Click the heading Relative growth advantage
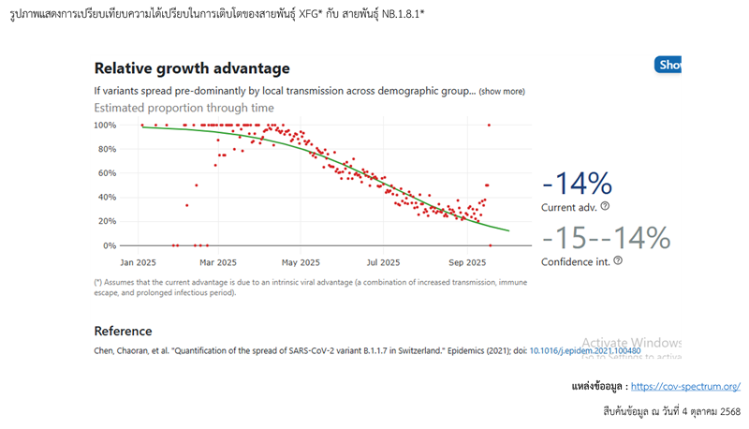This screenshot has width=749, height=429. click(192, 68)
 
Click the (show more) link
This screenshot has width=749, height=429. click(502, 92)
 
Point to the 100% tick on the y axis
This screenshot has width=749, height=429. click(105, 125)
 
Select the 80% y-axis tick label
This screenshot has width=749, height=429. click(108, 149)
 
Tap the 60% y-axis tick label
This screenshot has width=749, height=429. click(108, 173)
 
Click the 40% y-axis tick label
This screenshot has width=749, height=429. click(108, 198)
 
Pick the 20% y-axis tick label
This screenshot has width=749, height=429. click(108, 222)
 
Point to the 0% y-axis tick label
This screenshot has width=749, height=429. click(110, 245)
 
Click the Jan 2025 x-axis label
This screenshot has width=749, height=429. click(140, 262)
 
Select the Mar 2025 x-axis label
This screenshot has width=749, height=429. click(217, 262)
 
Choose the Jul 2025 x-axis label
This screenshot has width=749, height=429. click(384, 262)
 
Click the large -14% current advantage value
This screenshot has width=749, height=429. click(578, 184)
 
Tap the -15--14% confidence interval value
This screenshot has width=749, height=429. click(606, 238)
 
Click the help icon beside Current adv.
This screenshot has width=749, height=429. click(605, 206)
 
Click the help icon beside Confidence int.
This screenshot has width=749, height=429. click(618, 260)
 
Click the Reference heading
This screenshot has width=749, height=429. click(123, 331)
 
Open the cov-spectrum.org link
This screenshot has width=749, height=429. click(685, 386)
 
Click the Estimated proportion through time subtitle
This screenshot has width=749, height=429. click(184, 108)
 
